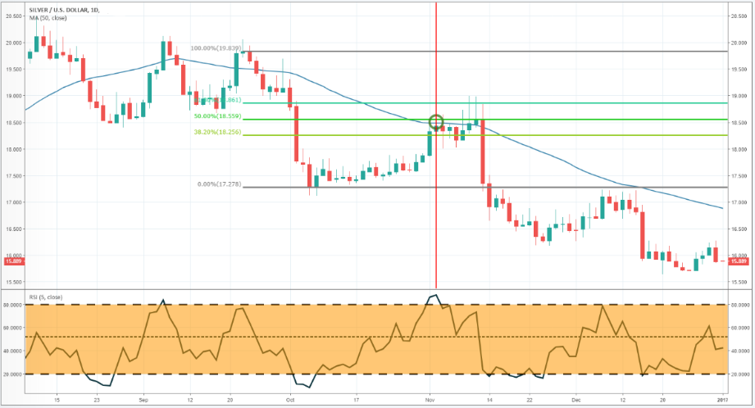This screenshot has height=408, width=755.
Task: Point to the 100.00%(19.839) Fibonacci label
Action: coord(214,48)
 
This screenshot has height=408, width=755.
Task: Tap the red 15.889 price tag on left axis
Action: coord(12,261)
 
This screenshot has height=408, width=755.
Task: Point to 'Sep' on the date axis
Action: coord(143,401)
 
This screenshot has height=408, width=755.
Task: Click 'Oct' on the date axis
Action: coord(289,401)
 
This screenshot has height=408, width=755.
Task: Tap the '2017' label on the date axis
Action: coord(723,401)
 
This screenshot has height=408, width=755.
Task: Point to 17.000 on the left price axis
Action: coord(14,202)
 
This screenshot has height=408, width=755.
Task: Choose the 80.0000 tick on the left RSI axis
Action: coord(13,305)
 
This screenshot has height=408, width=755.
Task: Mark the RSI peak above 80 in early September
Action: coord(162,300)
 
